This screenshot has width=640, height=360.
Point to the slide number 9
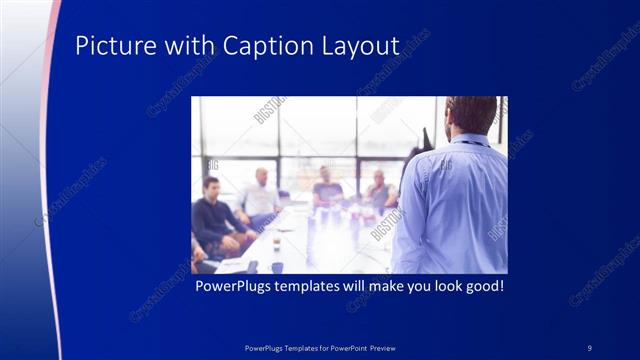coord(590,347)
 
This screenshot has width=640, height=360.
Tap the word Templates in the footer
coord(296,347)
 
